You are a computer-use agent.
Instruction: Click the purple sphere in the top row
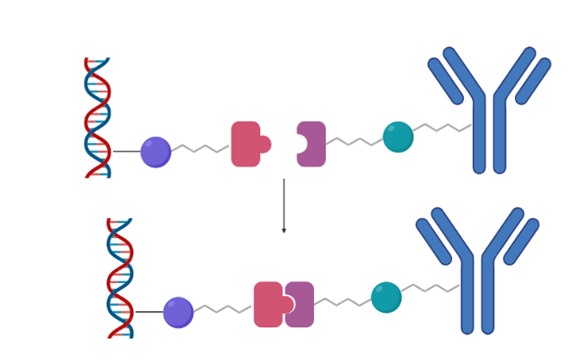point(155,152)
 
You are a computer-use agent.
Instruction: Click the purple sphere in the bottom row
point(178,312)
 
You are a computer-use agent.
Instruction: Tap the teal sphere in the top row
point(397,136)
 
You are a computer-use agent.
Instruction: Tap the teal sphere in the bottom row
point(386,297)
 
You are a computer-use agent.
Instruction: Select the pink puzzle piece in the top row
point(245,144)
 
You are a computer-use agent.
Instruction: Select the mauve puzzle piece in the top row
point(313,144)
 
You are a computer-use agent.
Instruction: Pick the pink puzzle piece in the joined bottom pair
point(267,305)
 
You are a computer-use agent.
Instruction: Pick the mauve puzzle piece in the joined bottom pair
point(302,305)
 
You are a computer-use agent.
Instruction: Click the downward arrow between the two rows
point(284,205)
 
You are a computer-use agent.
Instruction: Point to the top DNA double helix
point(98,117)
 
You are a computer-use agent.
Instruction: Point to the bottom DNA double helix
point(120,277)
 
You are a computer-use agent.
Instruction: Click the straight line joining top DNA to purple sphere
point(126,152)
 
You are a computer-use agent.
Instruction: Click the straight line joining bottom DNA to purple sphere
point(149,312)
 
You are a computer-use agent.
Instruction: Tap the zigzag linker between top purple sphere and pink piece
point(200,148)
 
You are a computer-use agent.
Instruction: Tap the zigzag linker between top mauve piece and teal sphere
point(354,142)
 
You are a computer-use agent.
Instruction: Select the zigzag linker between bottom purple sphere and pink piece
point(224,309)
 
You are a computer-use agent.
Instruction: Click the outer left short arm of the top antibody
point(445,81)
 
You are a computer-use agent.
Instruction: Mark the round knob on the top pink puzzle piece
point(264,144)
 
